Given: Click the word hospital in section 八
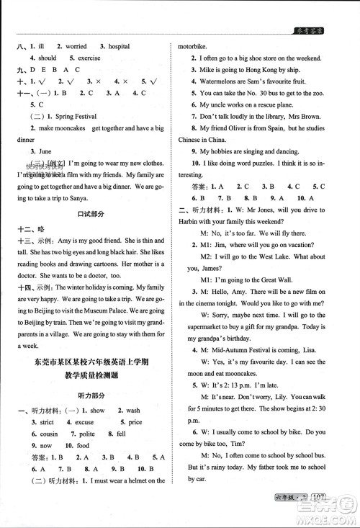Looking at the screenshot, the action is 118,47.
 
